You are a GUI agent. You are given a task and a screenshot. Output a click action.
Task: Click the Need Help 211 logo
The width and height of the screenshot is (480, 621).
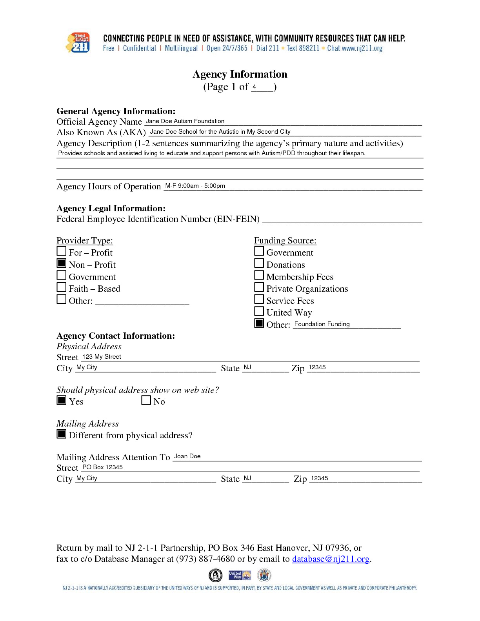[78, 43]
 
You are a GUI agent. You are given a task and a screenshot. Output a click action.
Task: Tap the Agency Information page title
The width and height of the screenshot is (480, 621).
[240, 74]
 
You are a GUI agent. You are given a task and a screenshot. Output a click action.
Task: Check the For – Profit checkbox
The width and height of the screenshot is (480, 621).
[62, 251]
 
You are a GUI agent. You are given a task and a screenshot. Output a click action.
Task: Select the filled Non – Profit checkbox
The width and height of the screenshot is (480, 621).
[62, 263]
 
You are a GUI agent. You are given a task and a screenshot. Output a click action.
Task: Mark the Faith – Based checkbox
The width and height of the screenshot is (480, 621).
[62, 287]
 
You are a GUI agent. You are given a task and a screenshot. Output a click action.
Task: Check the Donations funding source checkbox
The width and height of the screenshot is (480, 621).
[259, 263]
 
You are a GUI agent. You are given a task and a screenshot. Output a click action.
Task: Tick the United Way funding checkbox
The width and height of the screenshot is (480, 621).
[259, 311]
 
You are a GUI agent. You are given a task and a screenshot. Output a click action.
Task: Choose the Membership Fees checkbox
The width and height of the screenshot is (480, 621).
[259, 275]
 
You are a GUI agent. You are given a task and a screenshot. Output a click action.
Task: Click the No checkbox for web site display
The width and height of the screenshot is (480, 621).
[146, 400]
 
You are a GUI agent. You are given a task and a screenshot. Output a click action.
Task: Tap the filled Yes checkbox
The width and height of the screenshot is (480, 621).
[62, 400]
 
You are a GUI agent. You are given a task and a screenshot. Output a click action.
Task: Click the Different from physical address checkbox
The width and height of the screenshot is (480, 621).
[62, 434]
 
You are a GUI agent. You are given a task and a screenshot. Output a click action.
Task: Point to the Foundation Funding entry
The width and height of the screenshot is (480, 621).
[322, 324]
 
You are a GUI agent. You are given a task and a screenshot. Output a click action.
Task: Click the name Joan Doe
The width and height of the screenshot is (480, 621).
[187, 456]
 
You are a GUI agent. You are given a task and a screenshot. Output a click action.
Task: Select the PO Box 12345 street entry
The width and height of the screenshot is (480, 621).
[102, 467]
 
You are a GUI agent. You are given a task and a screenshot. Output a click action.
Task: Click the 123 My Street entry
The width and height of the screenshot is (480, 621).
[102, 357]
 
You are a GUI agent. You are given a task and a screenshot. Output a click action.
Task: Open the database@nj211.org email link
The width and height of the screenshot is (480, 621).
[331, 559]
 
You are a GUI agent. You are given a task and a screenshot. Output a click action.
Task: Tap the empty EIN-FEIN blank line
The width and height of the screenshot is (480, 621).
[342, 220]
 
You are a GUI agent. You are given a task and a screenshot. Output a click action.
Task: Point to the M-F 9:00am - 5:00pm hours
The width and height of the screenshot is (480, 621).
[195, 186]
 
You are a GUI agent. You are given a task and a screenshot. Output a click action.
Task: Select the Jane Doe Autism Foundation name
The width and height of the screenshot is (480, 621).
[185, 121]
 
